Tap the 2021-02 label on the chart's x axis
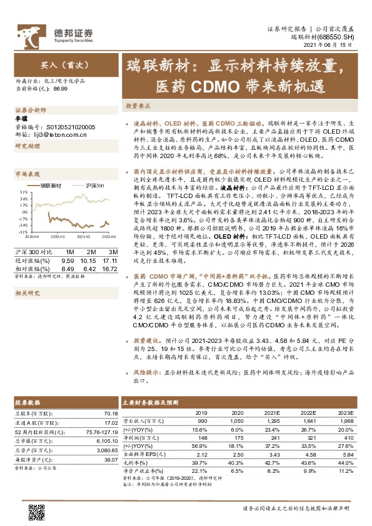tap(84, 237)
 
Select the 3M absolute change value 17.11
tap(110, 259)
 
